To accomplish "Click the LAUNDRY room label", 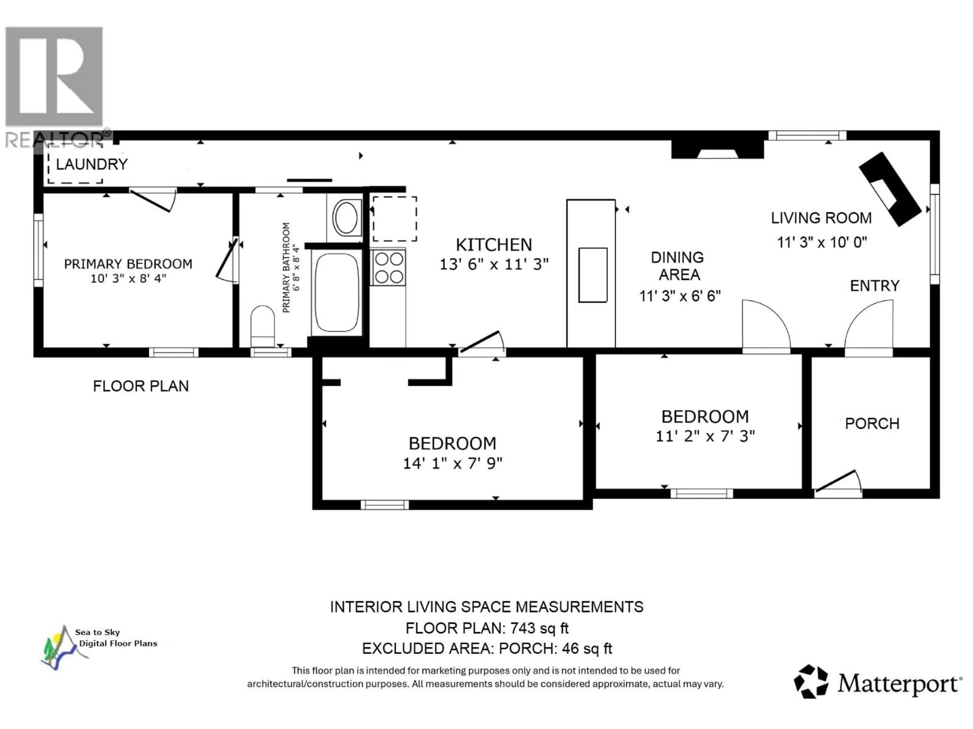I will (x=91, y=164).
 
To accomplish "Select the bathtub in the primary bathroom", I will (x=337, y=292).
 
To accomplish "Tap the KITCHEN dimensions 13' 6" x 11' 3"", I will (x=494, y=264).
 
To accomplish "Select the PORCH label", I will (x=872, y=423).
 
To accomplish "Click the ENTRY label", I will (x=874, y=286).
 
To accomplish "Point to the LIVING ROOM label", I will (x=821, y=218).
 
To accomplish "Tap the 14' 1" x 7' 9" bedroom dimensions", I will (x=452, y=463).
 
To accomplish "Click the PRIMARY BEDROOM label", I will (x=128, y=264).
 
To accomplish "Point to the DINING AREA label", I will (x=678, y=266).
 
